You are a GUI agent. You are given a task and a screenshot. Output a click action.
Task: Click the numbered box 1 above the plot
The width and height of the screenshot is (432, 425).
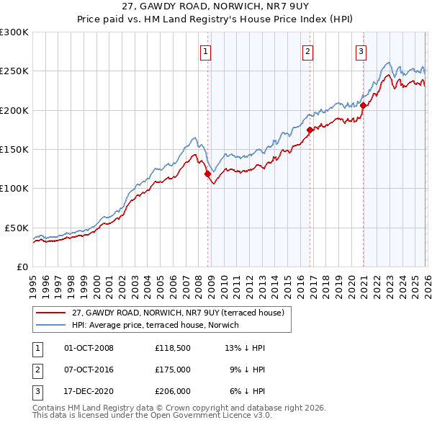click(206, 51)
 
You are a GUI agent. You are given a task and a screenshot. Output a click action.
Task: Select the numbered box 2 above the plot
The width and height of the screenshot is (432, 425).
click(307, 51)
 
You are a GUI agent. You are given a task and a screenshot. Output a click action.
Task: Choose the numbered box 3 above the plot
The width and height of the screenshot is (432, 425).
click(361, 51)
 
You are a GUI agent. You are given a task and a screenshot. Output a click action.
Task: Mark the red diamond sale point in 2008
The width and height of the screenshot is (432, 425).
click(207, 174)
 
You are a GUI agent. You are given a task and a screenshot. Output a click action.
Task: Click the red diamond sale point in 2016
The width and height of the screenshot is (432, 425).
click(310, 130)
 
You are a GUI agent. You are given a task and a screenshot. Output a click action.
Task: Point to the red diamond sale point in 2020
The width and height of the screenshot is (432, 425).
click(364, 106)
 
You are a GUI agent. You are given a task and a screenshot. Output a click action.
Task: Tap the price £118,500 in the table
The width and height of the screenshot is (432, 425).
click(172, 348)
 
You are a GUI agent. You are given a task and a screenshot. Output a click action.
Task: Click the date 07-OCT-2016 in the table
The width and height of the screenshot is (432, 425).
click(90, 370)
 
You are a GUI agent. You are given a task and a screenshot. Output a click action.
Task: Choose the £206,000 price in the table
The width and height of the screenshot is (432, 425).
click(172, 391)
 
